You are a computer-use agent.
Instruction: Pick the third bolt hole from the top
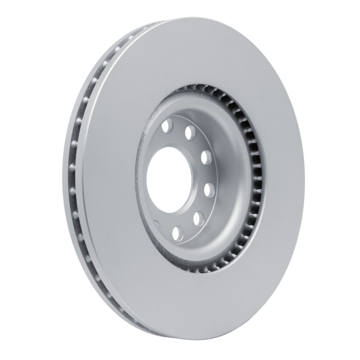(x=206, y=157)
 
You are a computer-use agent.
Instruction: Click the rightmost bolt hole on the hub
(x=209, y=189)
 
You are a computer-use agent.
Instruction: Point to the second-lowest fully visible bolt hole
(x=197, y=219)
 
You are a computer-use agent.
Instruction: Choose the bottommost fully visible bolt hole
(x=177, y=233)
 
